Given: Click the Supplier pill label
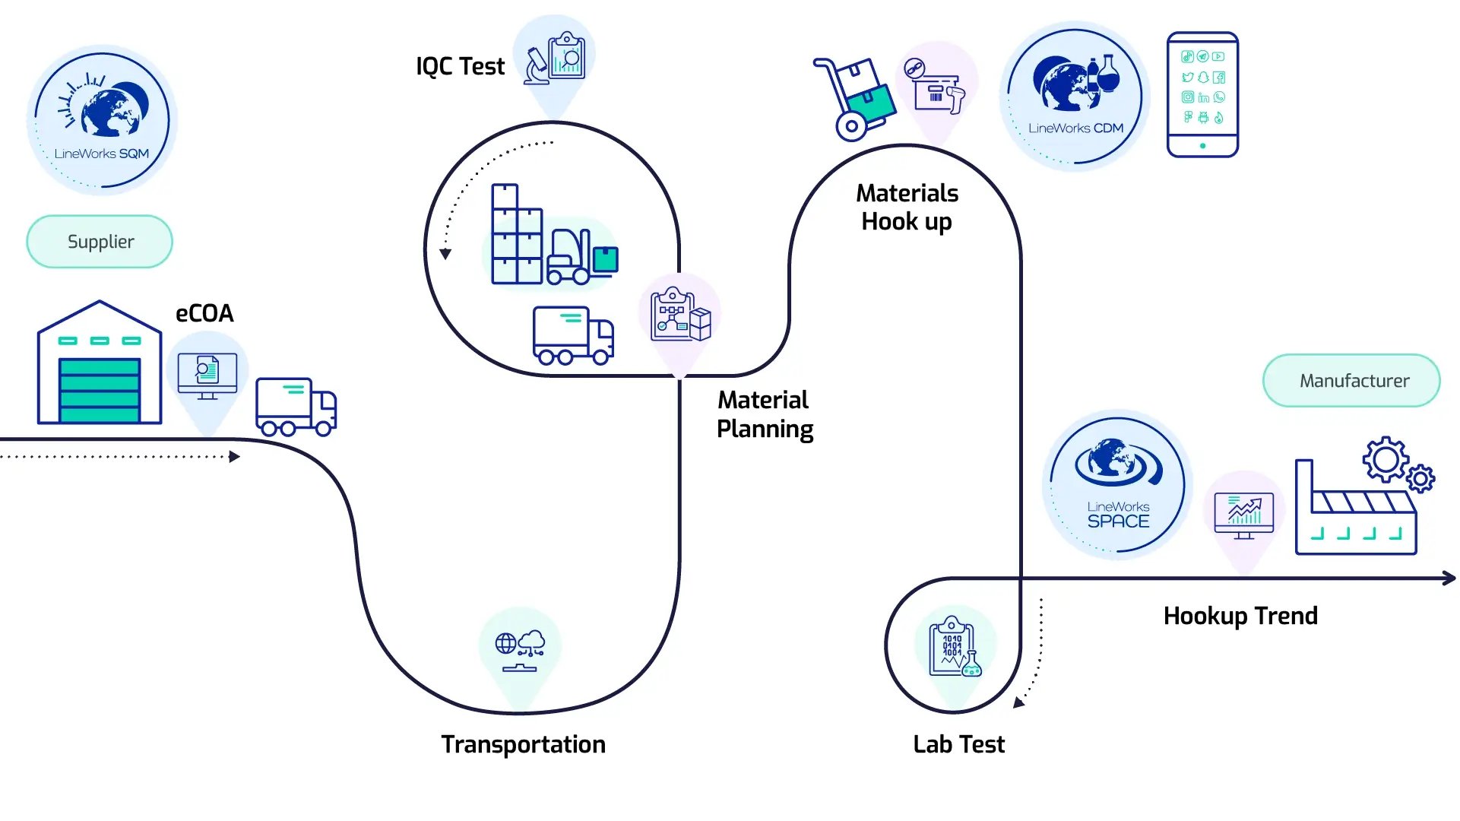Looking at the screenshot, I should [x=100, y=242].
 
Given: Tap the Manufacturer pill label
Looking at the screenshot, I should [x=1353, y=380].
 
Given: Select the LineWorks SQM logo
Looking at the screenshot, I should [x=102, y=120].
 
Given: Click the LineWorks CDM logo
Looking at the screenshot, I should [x=1075, y=97].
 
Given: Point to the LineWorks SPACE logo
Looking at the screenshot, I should [x=1117, y=484].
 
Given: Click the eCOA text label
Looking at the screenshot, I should [x=204, y=313].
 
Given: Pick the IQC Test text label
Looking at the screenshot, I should [x=460, y=67].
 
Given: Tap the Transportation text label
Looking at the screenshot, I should [x=523, y=744].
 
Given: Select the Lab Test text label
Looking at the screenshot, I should [x=958, y=744].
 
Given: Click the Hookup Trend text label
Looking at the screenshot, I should [x=1240, y=616].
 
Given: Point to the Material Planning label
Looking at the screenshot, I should [x=765, y=414].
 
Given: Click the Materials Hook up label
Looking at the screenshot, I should [x=907, y=207].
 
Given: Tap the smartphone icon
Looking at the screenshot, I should [x=1202, y=94].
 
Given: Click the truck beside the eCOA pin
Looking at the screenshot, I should [x=296, y=406].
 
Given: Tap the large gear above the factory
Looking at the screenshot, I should [x=1385, y=458].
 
